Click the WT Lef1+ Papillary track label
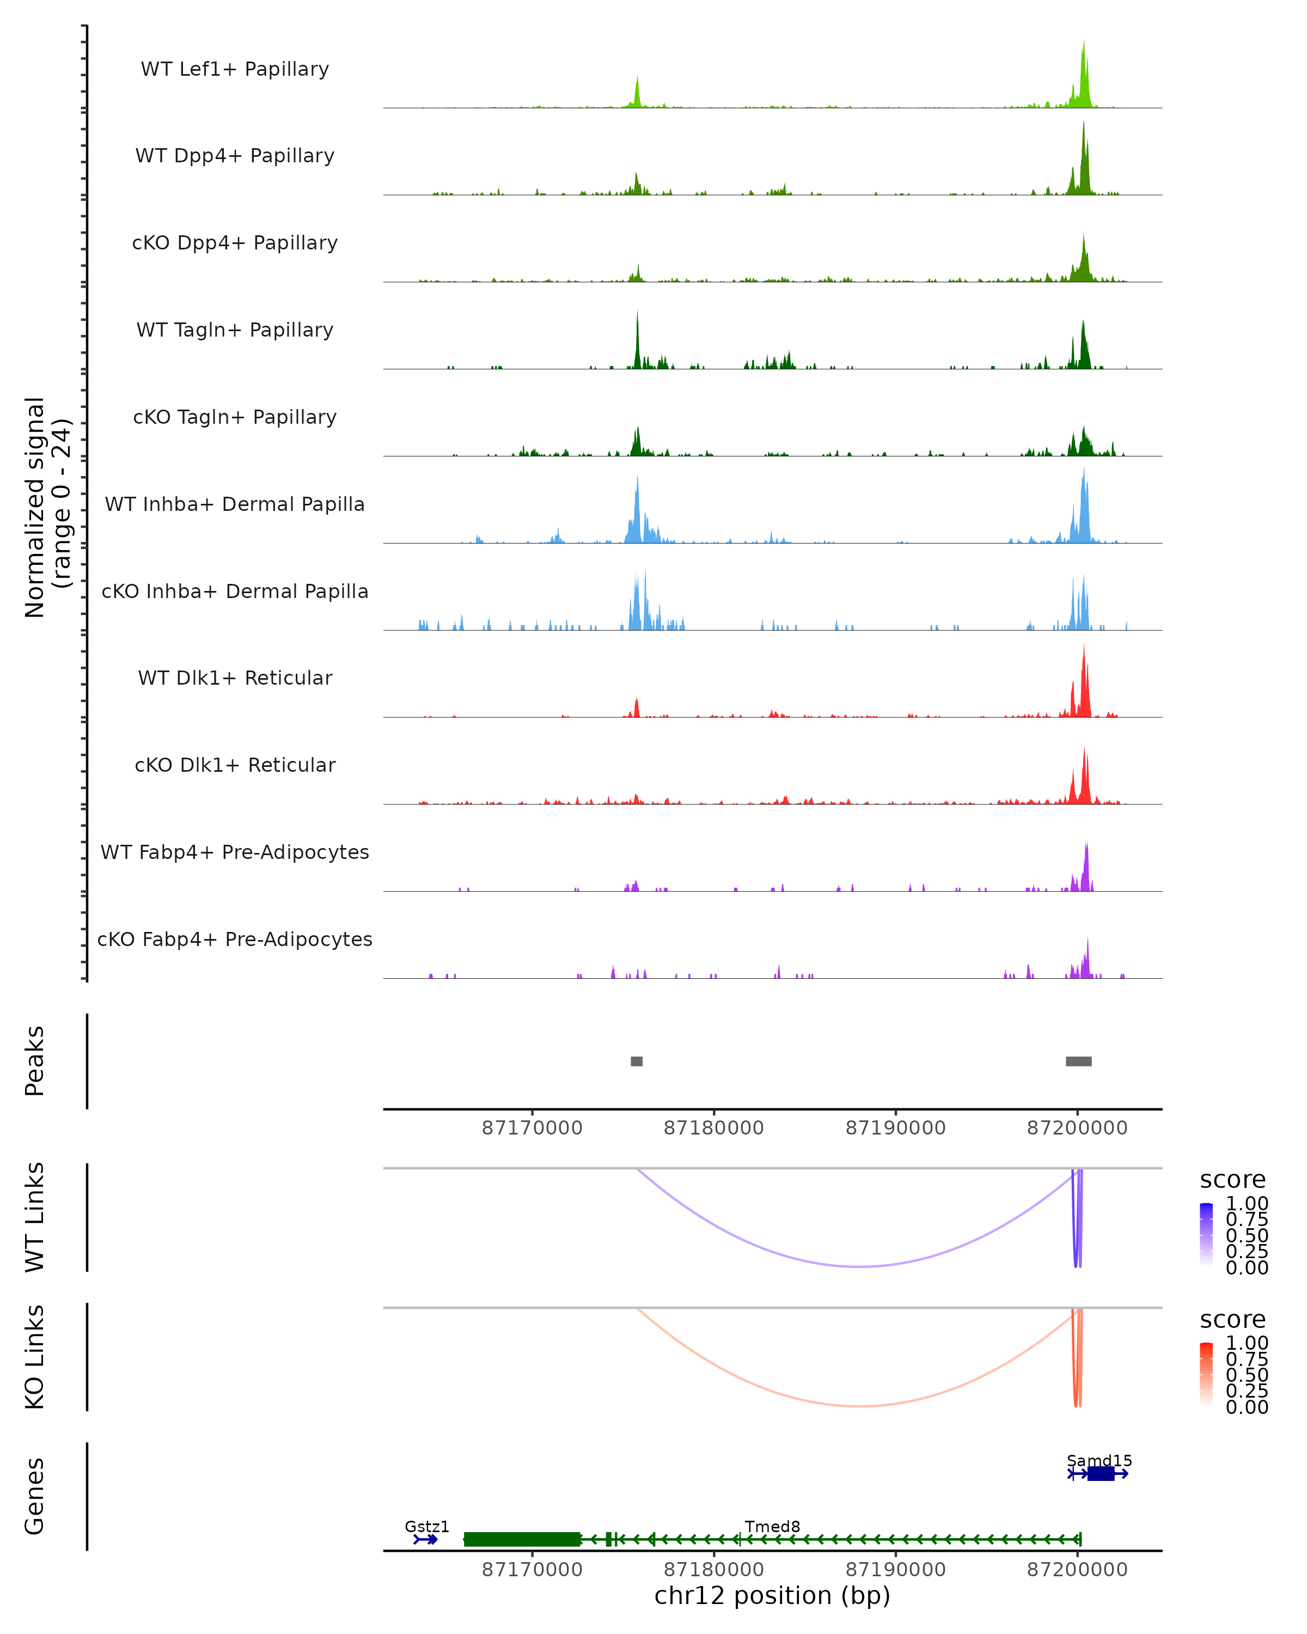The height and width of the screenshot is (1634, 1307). [235, 69]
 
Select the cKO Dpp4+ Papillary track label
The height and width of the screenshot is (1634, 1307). [235, 243]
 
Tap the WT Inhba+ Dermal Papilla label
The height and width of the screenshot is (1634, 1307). [235, 505]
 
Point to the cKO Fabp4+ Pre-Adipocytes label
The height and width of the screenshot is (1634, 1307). [235, 940]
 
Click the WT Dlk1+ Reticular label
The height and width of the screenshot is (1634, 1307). [235, 678]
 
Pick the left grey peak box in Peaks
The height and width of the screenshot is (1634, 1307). [637, 1061]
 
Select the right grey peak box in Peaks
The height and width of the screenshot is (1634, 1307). [1078, 1061]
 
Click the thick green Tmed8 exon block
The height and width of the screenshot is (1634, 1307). [522, 1539]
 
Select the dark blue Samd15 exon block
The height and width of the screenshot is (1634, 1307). [1101, 1473]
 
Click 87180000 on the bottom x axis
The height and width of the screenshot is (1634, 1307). [714, 1570]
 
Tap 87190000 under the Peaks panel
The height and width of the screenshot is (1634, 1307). [896, 1129]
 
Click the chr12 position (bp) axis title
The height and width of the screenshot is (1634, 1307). [772, 1596]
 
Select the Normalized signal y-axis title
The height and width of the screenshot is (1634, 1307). [47, 507]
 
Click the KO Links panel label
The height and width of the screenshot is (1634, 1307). [35, 1357]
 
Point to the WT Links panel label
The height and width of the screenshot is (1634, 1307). [35, 1217]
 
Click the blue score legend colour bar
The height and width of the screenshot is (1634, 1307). [1206, 1234]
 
